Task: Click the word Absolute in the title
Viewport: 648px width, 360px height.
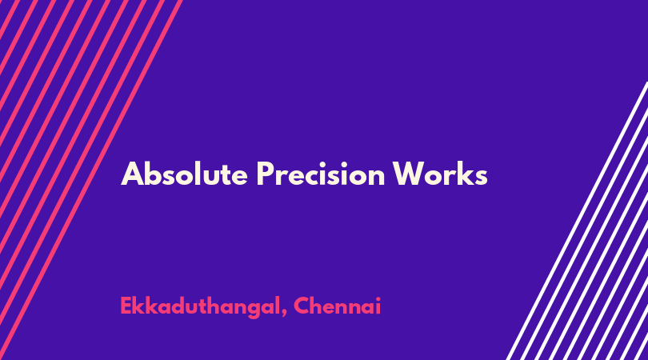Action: (184, 174)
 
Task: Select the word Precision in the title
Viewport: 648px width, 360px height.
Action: (321, 174)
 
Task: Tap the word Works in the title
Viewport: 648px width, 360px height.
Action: (440, 174)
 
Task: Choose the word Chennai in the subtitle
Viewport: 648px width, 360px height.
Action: (338, 306)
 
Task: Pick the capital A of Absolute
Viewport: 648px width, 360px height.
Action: (132, 174)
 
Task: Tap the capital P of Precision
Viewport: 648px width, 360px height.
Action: (266, 174)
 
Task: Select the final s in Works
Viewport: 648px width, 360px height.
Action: (482, 178)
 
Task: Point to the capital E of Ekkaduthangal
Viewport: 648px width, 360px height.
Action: (126, 306)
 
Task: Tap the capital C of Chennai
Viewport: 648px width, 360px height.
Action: (302, 306)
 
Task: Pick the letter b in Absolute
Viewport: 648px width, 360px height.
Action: (154, 174)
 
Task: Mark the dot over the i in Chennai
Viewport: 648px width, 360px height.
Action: (378, 299)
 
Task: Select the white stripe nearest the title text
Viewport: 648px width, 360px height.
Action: (577, 221)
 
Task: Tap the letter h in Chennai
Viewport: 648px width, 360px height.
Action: (319, 306)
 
